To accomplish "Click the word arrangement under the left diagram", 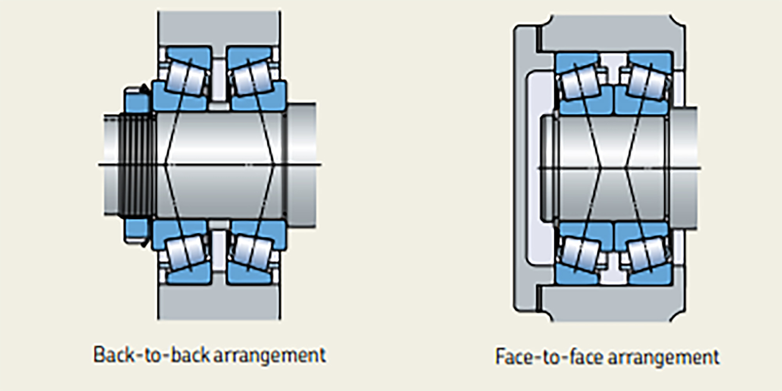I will pos(270,355).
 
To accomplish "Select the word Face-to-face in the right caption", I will pos(549,357).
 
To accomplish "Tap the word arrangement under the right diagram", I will pos(664,357).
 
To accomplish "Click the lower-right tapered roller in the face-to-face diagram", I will pos(647,254).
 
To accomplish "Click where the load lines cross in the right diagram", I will pos(612,168).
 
